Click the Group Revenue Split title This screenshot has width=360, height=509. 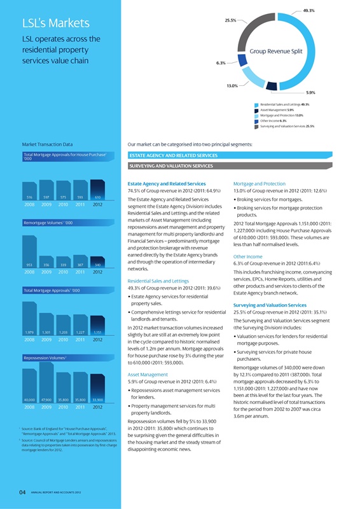279,52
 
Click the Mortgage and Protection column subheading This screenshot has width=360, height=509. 261,182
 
